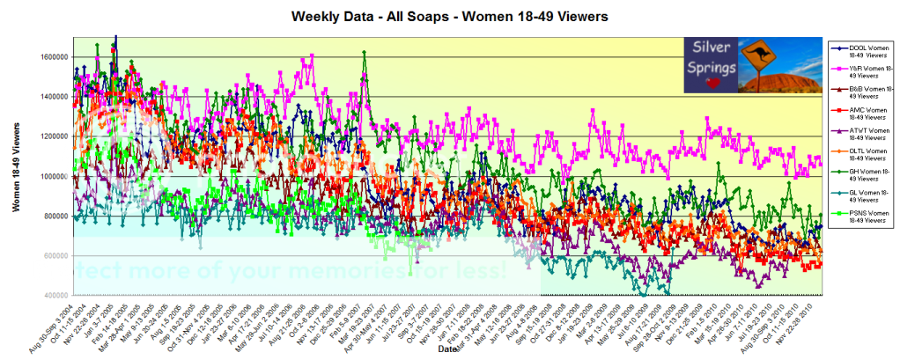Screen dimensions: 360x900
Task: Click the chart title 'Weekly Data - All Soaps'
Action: (450, 17)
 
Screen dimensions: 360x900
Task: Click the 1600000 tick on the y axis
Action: (53, 57)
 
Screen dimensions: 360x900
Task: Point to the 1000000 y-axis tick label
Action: (53, 176)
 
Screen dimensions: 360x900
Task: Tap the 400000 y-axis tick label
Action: (55, 296)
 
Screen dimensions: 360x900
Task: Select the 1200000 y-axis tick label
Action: (53, 136)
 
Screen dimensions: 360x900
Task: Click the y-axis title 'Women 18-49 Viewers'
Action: (17, 167)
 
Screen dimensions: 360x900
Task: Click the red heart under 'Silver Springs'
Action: (712, 84)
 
